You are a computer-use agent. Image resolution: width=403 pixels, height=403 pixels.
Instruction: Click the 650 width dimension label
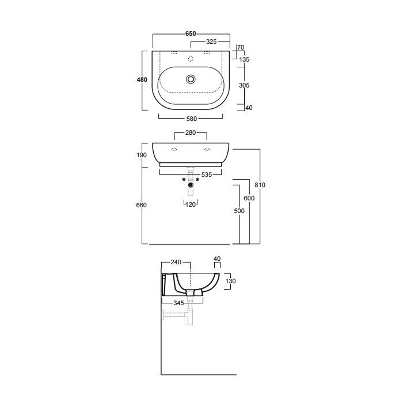pyautogui.click(x=191, y=33)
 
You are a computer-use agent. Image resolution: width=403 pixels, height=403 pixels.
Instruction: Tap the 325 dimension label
pyautogui.click(x=211, y=41)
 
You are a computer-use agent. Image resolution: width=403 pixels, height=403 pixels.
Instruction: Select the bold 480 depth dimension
pyautogui.click(x=142, y=79)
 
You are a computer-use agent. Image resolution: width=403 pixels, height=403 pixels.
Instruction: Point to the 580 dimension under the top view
pyautogui.click(x=192, y=119)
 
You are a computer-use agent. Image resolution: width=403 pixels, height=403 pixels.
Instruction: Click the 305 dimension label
pyautogui.click(x=244, y=85)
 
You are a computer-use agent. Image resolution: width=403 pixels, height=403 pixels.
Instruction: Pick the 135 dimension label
pyautogui.click(x=244, y=60)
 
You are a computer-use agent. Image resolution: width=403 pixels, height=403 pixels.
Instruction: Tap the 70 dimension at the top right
pyautogui.click(x=241, y=48)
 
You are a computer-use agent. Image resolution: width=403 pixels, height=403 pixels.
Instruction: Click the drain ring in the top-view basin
pyautogui.click(x=191, y=79)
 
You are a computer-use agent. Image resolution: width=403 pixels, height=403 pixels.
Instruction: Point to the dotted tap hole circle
pyautogui.click(x=191, y=59)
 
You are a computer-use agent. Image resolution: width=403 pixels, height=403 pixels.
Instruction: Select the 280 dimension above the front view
pyautogui.click(x=191, y=132)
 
